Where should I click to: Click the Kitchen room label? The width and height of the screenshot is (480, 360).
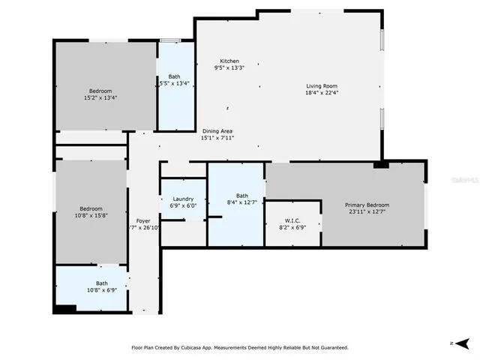229,61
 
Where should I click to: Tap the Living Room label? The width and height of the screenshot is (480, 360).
322,85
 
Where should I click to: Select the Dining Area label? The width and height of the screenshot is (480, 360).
217,131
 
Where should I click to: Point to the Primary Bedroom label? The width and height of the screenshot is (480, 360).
367,205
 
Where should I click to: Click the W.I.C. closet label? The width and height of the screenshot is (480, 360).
292,220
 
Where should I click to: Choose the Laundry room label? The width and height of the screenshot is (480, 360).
184,199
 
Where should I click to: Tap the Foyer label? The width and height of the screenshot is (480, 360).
142,220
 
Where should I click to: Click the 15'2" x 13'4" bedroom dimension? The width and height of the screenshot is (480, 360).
100,97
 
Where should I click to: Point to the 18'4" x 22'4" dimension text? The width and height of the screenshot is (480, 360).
322,93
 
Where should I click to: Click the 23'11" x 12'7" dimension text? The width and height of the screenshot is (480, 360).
367,211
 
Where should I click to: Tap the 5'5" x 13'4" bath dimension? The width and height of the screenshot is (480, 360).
174,83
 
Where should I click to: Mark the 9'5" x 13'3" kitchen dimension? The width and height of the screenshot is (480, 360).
229,67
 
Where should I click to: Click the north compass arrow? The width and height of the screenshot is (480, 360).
461,343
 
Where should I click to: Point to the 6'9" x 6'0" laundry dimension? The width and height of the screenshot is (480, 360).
184,205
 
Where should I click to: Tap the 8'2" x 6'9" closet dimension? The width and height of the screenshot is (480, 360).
292,226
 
